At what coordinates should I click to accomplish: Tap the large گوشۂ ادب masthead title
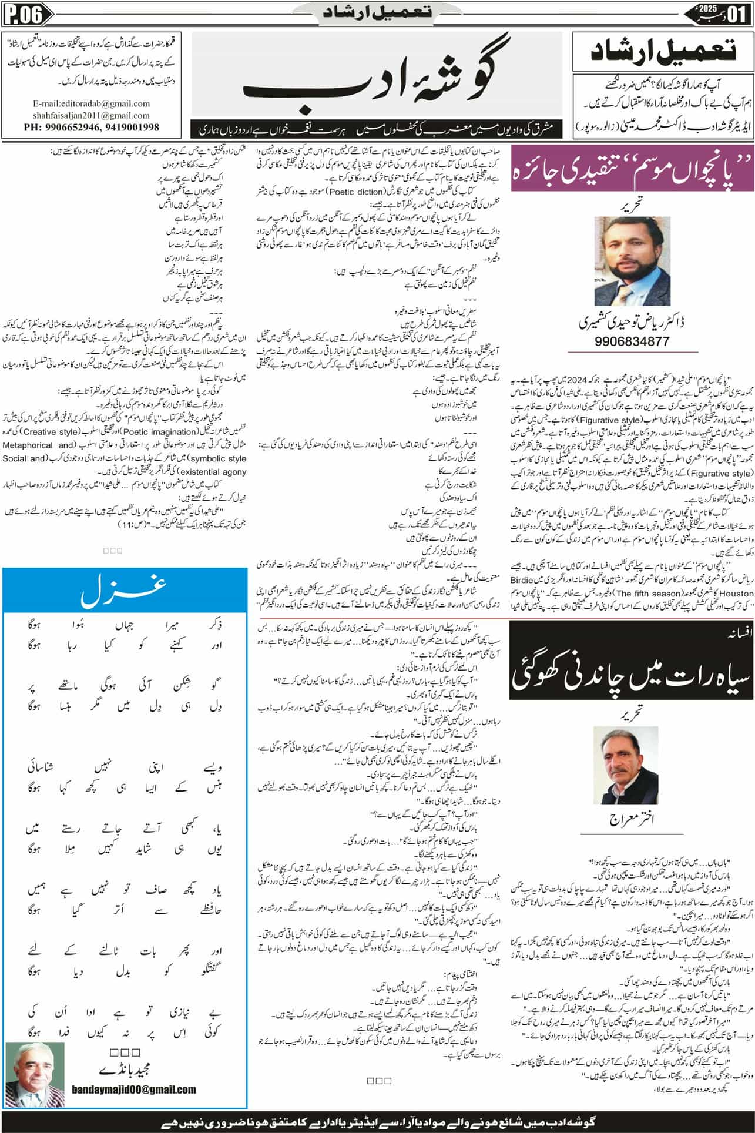[376, 79]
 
